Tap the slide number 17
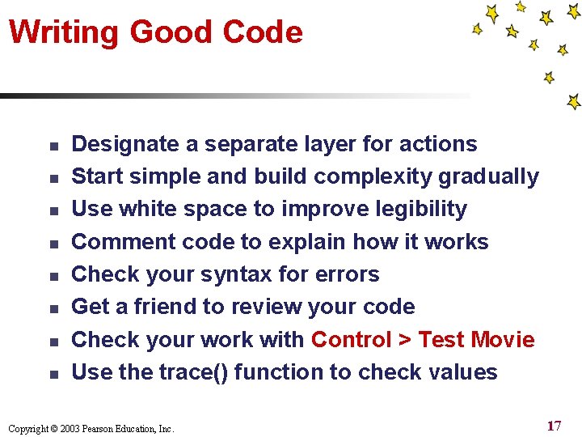554,426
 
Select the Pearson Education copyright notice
91,428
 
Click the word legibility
415,209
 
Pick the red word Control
352,339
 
